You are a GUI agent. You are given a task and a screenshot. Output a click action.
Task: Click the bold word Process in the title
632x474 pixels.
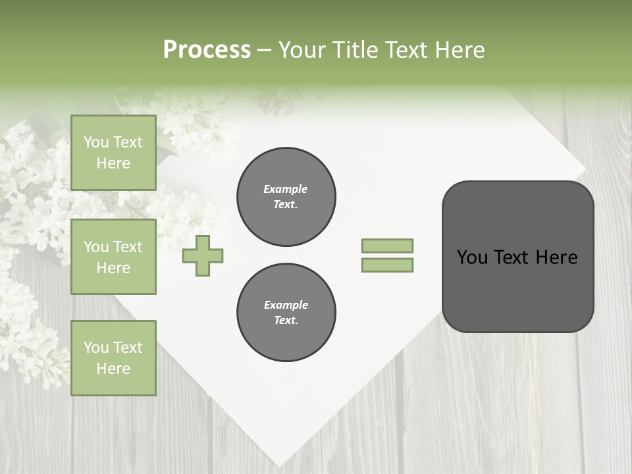(x=207, y=50)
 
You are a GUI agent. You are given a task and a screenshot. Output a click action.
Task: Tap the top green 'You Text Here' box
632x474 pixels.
(x=113, y=153)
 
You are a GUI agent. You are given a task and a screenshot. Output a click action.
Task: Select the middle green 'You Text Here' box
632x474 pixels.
(x=113, y=257)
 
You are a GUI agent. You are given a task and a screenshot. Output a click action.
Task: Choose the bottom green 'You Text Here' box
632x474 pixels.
(x=113, y=358)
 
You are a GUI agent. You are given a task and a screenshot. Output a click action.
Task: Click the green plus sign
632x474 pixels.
(x=203, y=255)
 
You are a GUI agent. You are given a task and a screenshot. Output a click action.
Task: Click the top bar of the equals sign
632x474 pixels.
(x=388, y=246)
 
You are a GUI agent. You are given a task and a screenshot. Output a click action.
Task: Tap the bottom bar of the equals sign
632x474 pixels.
(x=388, y=265)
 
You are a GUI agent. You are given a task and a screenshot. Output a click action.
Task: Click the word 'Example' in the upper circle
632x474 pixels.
(x=286, y=189)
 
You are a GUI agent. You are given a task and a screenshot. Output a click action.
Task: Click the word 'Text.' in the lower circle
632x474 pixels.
(x=286, y=320)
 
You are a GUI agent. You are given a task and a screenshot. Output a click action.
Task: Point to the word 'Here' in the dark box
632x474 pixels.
(x=556, y=257)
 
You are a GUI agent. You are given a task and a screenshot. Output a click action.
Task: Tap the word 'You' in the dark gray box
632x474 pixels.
(x=471, y=257)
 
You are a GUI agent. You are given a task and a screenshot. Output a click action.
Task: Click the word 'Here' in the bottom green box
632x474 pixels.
(x=113, y=369)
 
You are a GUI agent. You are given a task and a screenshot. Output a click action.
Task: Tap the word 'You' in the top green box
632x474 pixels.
(x=96, y=142)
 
